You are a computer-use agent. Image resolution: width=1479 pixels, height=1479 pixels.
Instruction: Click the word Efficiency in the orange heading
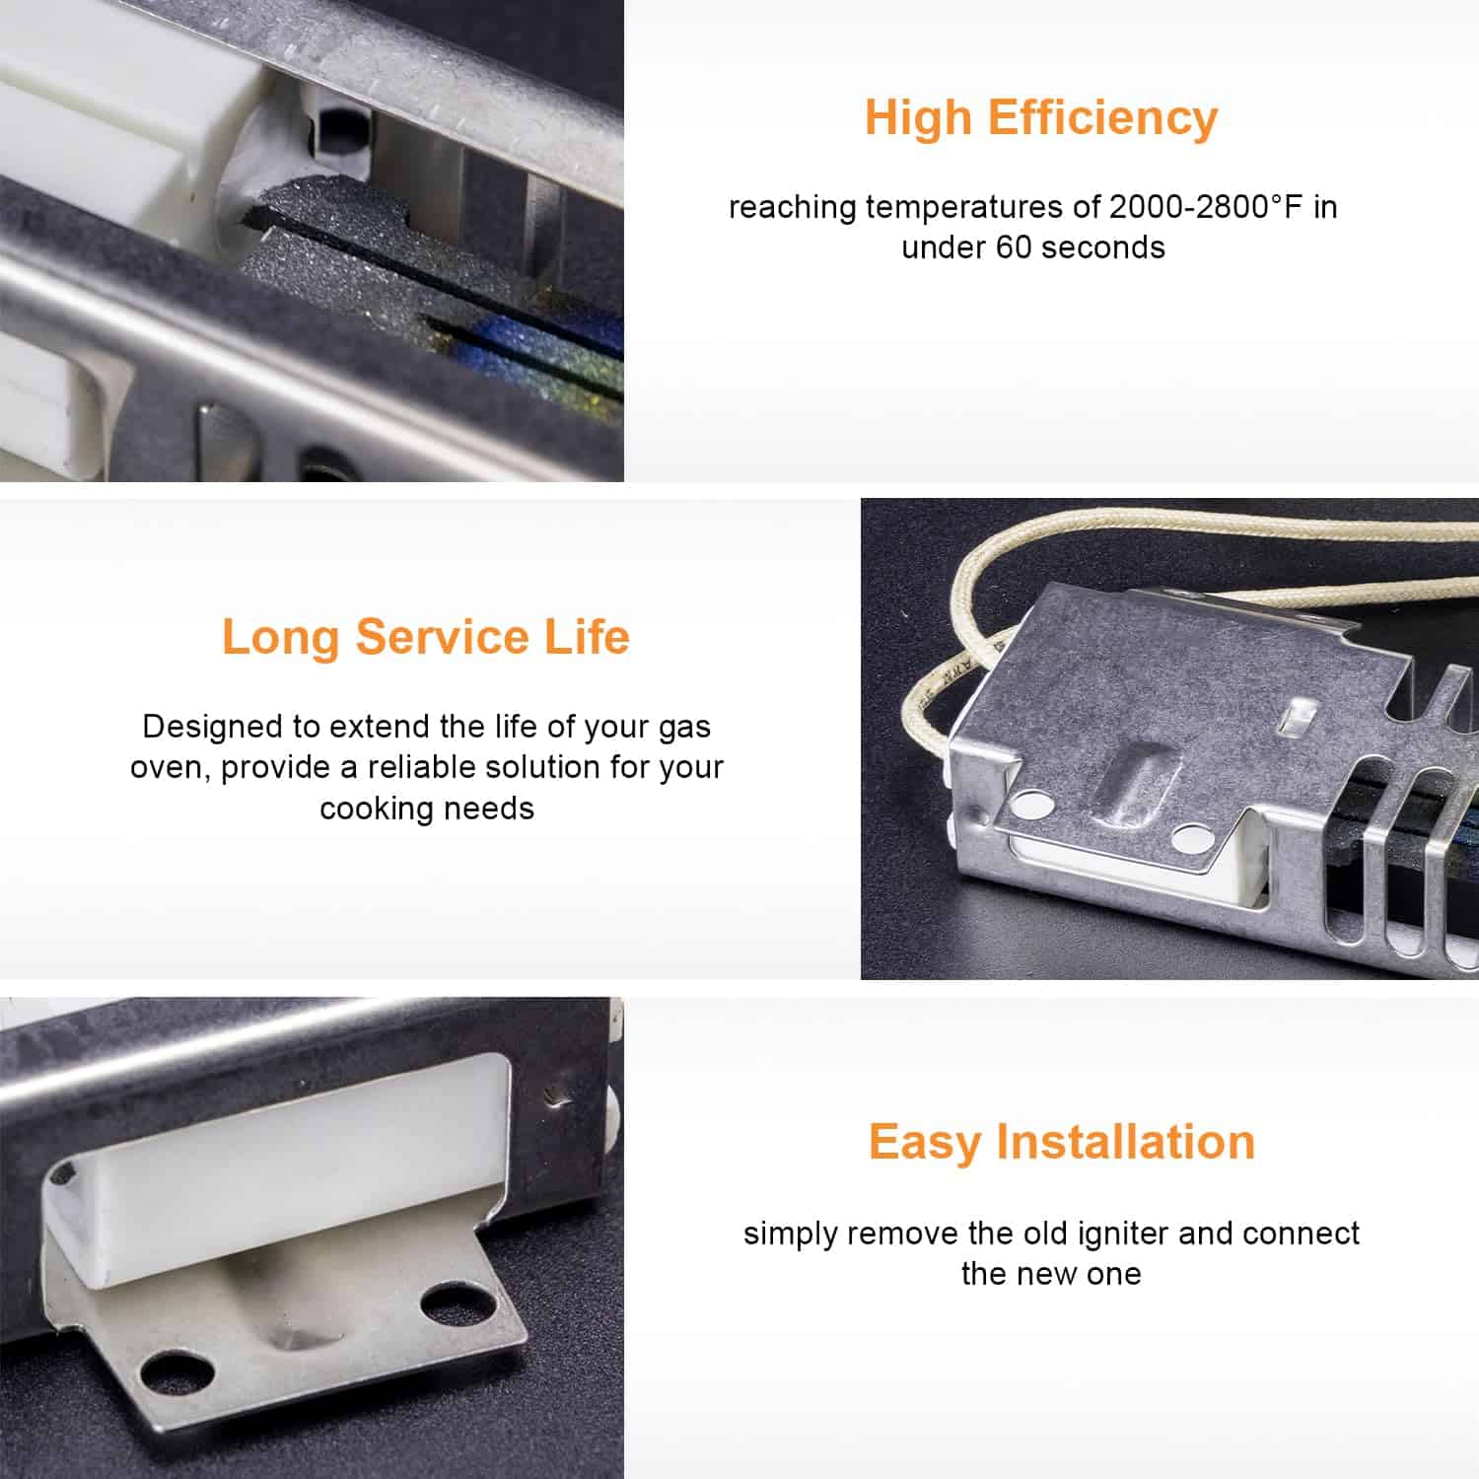[1103, 117]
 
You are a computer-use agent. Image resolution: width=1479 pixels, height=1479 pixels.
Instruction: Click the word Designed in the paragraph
[205, 728]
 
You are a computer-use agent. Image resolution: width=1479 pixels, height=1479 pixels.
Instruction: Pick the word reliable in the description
[436, 767]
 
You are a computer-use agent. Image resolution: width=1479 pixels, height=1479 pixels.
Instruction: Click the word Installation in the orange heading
[1125, 1142]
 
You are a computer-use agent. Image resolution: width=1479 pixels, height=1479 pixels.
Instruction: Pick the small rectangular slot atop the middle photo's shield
[1301, 719]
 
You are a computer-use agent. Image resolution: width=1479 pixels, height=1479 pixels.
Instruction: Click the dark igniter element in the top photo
[434, 296]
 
